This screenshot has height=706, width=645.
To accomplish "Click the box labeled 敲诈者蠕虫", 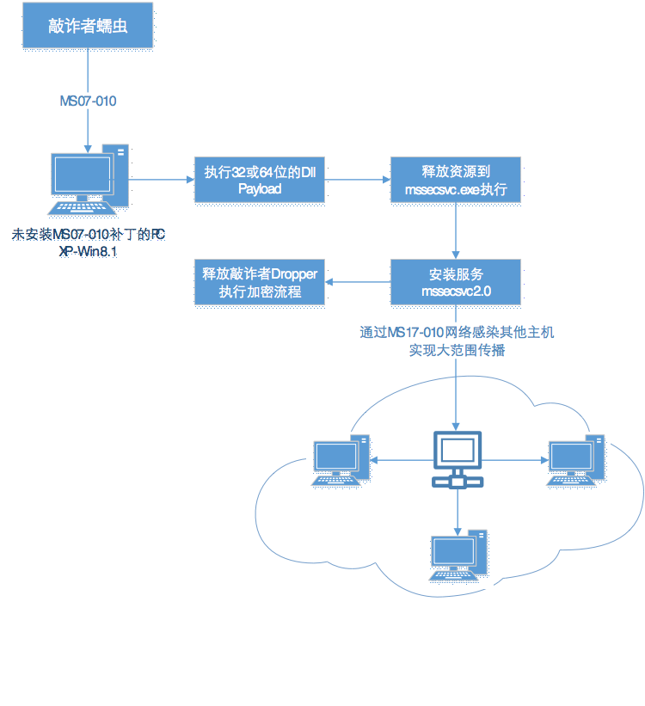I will pyautogui.click(x=89, y=28).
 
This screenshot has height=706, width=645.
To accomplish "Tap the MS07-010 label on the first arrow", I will pyautogui.click(x=88, y=101).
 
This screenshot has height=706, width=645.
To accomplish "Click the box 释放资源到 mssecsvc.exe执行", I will pyautogui.click(x=456, y=180).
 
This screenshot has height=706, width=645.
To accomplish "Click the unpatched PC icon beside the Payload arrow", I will pyautogui.click(x=89, y=179).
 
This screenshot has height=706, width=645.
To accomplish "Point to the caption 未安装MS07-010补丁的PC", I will pyautogui.click(x=88, y=234).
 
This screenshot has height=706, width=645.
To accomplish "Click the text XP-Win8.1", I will pyautogui.click(x=88, y=251).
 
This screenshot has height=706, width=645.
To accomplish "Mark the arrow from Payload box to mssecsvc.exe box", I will pyautogui.click(x=357, y=180).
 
